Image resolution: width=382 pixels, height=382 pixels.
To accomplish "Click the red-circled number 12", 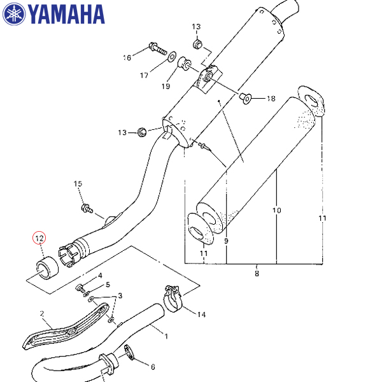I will tap(39, 239).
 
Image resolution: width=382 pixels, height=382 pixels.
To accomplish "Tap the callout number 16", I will tap(127, 58).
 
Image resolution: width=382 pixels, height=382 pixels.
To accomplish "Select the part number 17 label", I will tap(144, 75).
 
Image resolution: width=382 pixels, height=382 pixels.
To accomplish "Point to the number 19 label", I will tap(166, 86).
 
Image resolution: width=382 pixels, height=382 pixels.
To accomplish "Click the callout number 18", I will tap(271, 99).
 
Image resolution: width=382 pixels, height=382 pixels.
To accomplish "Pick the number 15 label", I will tap(78, 184).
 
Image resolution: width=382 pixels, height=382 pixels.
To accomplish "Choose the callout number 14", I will tap(201, 314).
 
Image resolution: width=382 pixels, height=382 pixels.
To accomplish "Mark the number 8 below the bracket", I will tap(257, 274).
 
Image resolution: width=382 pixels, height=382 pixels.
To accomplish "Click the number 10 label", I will tap(276, 210).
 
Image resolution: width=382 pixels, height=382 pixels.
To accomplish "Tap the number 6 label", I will tap(152, 367).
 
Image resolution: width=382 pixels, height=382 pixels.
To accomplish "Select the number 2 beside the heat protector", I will tap(42, 314).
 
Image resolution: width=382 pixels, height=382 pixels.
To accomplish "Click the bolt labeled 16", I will tap(157, 47).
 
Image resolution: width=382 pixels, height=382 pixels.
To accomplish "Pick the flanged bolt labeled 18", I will tap(246, 97).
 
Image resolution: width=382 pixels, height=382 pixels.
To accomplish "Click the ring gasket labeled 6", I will tap(129, 352).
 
